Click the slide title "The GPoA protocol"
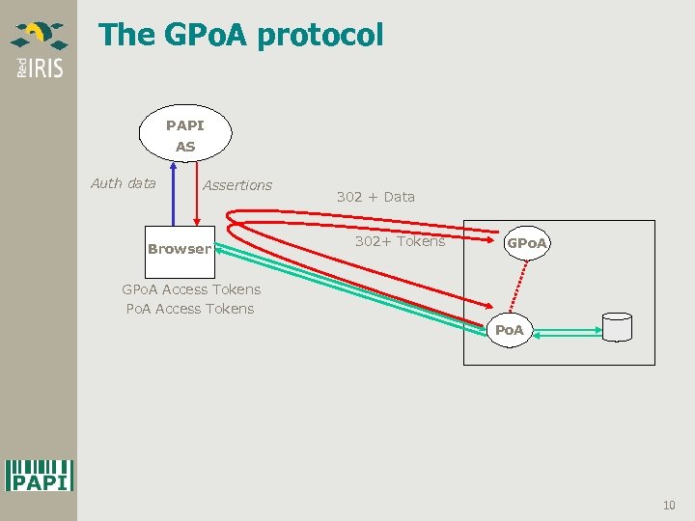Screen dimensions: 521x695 (241, 36)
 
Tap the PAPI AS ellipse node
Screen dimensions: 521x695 (185, 135)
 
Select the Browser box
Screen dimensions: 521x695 (180, 249)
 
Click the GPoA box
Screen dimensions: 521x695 (527, 243)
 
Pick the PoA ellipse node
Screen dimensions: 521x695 (509, 330)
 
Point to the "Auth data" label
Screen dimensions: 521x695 (123, 183)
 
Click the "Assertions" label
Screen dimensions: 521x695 (237, 185)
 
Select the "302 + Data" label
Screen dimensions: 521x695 (375, 197)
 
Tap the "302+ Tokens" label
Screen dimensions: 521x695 (400, 241)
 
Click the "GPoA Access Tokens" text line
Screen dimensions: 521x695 (191, 289)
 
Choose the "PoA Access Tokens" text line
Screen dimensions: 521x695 (190, 309)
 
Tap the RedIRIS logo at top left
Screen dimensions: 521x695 (39, 48)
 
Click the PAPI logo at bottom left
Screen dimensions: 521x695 (40, 474)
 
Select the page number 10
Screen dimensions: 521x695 (669, 506)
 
